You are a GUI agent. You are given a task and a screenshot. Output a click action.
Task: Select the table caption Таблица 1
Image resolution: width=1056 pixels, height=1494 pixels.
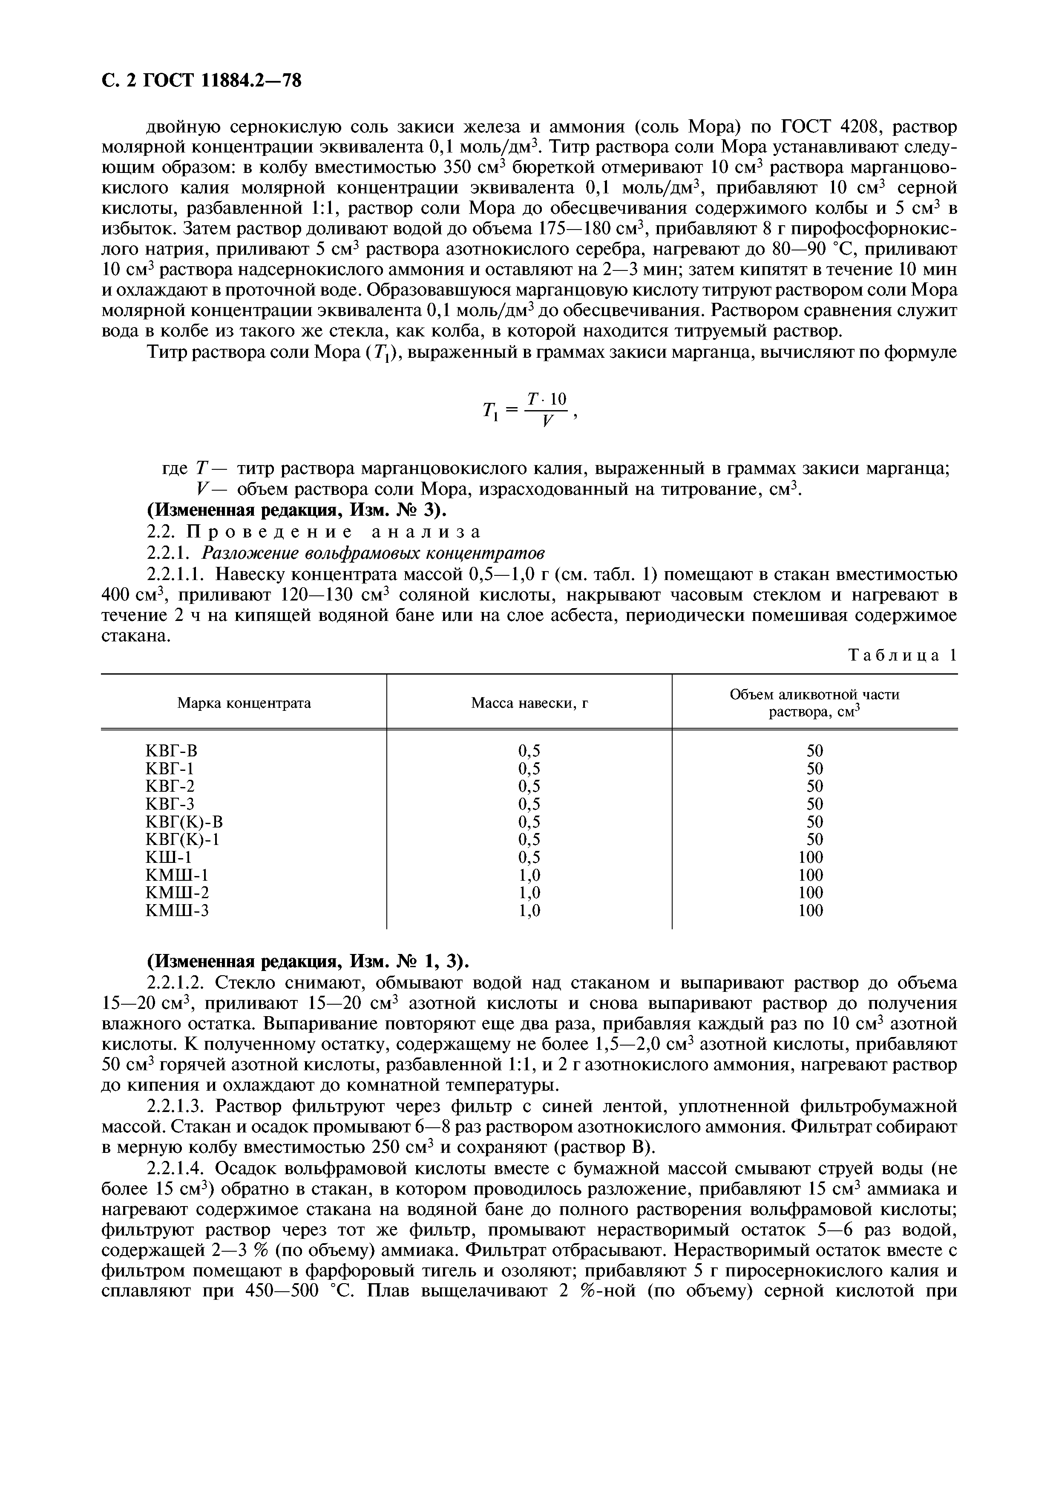[903, 655]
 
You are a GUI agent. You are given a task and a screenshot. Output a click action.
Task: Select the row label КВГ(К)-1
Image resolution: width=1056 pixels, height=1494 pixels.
[182, 839]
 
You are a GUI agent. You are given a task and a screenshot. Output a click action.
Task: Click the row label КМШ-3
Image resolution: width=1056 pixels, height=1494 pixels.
[177, 910]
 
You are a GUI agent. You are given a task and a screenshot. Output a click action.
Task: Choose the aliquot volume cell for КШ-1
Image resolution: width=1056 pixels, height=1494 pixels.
[811, 857]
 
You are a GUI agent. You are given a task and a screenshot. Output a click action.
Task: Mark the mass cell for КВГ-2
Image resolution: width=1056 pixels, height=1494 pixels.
[529, 786]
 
